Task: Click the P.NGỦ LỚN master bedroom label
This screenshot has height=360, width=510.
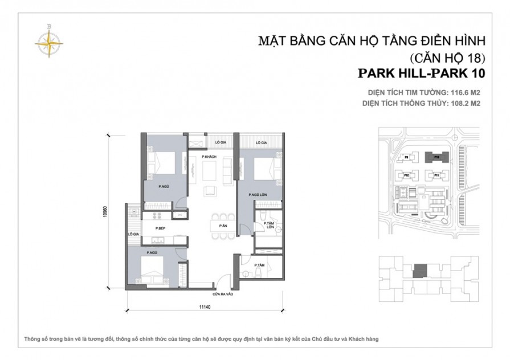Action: coord(258,195)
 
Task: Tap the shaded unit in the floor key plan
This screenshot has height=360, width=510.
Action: coord(421,271)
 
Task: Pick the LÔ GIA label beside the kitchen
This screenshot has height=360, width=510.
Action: coord(133,234)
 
